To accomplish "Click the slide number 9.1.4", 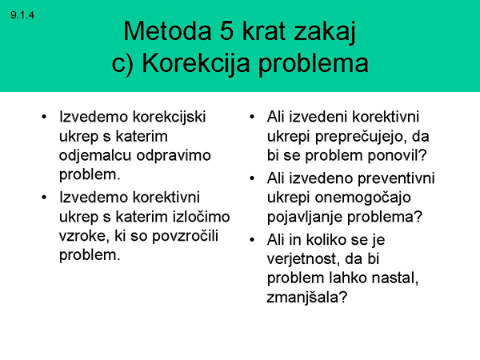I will (x=24, y=14).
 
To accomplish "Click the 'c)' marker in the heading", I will (x=125, y=63).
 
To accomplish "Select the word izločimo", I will (x=200, y=215).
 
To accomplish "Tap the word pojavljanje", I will (x=308, y=216).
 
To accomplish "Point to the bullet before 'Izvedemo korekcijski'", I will (x=45, y=117).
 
